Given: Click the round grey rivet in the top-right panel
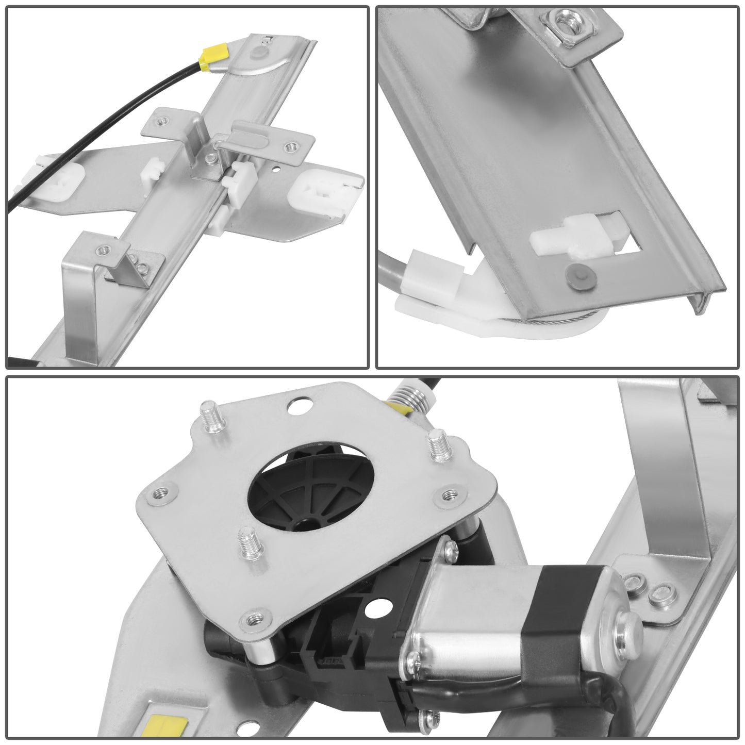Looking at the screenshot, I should click(576, 275).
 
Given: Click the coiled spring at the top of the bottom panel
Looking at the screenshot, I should click(405, 398).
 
